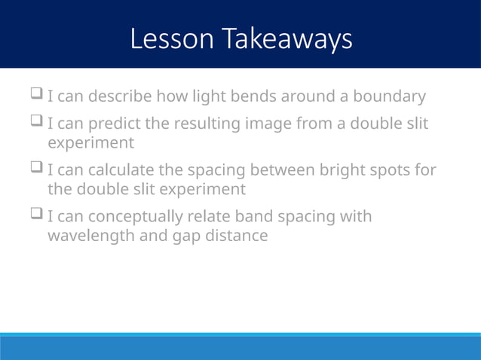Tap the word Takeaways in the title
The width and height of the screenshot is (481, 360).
[x=286, y=39]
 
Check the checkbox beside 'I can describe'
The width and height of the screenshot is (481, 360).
[x=35, y=96]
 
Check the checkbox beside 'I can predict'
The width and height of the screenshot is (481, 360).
[x=35, y=122]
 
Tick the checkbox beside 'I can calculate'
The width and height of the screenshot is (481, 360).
[x=35, y=169]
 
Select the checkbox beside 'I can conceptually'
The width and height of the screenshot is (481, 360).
[x=35, y=216]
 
